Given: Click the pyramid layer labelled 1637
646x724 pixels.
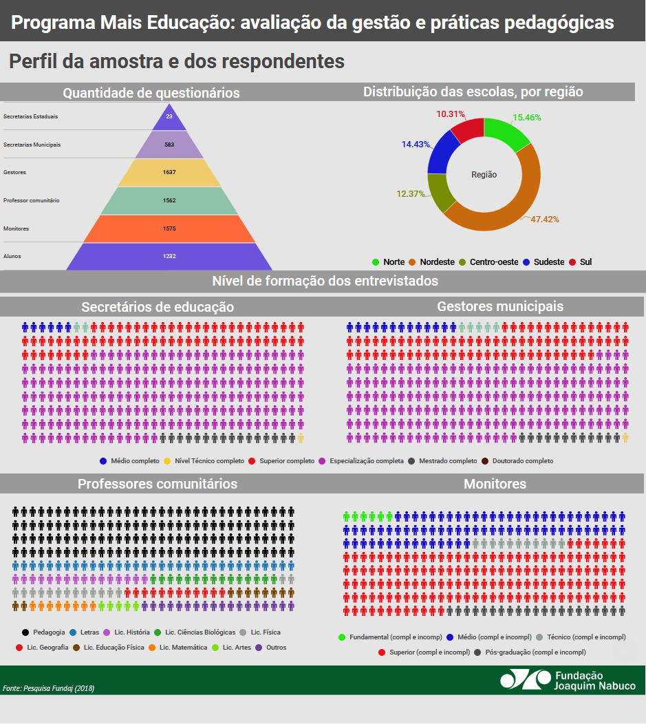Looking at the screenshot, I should pos(169,172).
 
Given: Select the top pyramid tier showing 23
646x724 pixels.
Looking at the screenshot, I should pos(169,117).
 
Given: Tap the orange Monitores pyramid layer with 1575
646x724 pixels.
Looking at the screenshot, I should pos(169,228).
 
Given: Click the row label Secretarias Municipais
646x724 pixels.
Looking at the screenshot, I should pos(32,145).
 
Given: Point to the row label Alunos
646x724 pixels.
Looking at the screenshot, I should pos(12,256).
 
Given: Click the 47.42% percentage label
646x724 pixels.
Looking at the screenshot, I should pos(544,220).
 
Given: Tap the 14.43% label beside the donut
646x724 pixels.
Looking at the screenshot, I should pos(416,145).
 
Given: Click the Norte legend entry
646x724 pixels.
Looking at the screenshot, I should pos(389,262).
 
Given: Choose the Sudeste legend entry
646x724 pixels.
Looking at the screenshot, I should pos(543,262).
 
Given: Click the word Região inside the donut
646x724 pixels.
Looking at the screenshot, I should pos(484,175).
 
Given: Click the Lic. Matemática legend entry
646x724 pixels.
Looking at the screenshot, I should pos(178,648).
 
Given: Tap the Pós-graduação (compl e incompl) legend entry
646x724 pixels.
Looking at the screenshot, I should pos(530,652).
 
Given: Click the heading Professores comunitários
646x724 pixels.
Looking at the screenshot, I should pos(158,484).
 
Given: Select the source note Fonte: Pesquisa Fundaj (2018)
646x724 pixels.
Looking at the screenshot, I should pos(48,688).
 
